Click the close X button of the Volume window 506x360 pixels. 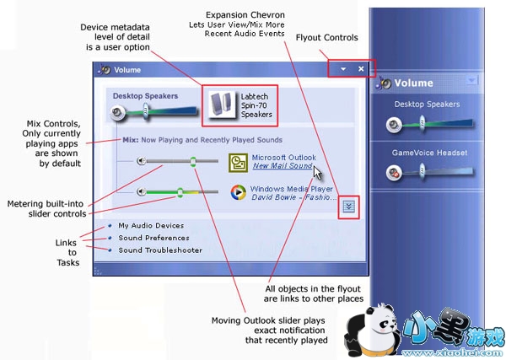[361, 69]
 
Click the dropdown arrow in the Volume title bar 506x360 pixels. [342, 69]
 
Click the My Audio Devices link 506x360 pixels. [151, 225]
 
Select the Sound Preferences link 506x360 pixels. [153, 238]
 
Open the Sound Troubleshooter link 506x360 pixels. [159, 250]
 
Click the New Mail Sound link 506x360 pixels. [283, 166]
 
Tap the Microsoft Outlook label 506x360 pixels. [284, 157]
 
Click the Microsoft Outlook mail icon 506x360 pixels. [237, 161]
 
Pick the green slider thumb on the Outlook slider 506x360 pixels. [193, 161]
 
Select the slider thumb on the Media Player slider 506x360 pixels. [180, 192]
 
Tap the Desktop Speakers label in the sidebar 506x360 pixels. [426, 105]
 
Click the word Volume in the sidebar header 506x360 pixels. [414, 83]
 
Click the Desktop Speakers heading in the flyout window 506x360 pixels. [146, 96]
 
